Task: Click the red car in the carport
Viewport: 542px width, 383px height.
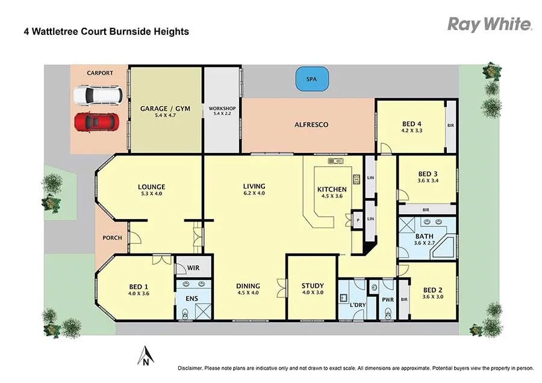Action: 96,122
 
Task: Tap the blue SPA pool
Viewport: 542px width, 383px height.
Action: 311,79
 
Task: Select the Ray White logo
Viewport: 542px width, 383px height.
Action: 489,24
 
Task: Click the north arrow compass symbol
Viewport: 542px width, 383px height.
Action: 145,356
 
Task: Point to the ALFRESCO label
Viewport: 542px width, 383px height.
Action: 311,125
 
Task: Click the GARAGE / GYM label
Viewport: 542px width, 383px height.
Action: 165,109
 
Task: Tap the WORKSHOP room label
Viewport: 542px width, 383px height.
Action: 222,109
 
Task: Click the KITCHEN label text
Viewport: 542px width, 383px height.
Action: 332,190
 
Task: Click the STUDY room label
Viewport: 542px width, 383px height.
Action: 313,286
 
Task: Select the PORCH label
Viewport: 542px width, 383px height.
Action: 112,238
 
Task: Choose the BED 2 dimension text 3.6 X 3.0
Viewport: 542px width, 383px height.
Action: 433,296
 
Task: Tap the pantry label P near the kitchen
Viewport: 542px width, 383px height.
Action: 358,220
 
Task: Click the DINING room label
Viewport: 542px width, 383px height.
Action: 248,286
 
